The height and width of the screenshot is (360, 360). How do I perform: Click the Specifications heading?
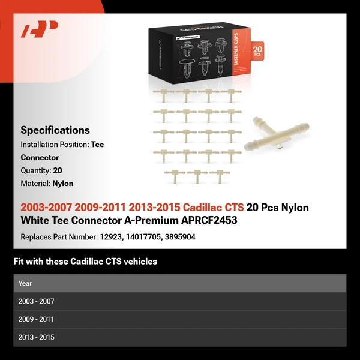55,130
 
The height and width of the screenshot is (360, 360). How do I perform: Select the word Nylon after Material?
63,184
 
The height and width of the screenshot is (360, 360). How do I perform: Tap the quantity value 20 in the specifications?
58,170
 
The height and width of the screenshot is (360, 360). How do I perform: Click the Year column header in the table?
25,283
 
